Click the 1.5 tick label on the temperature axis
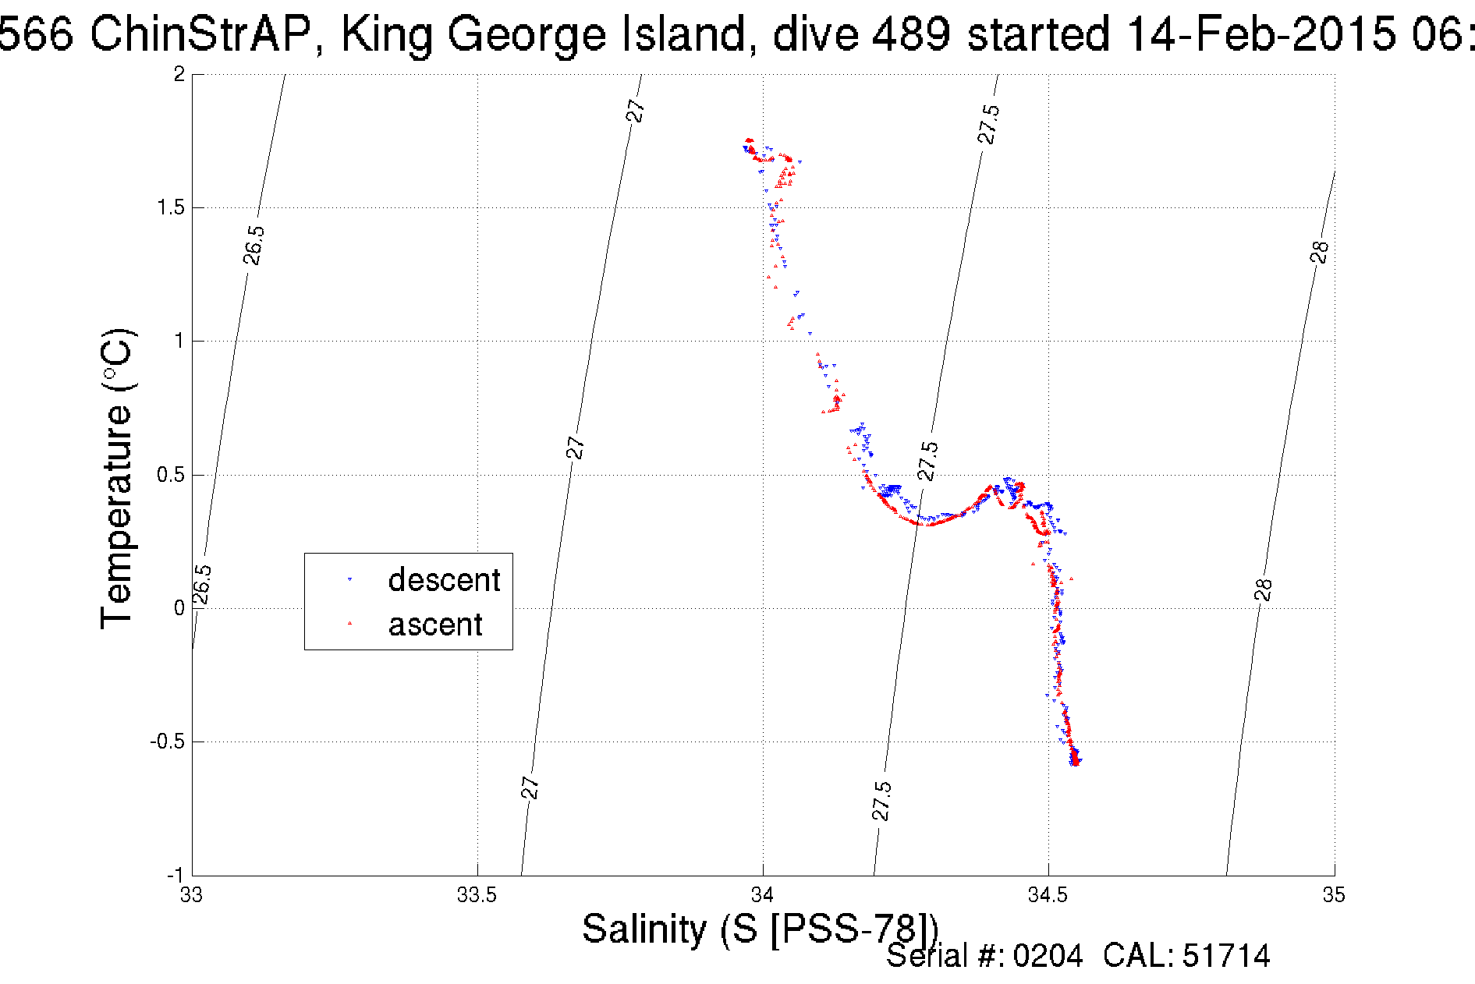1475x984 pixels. [x=170, y=207]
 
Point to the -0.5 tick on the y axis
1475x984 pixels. [x=167, y=742]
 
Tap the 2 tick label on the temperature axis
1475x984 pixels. [x=179, y=74]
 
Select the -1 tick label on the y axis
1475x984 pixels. [x=175, y=875]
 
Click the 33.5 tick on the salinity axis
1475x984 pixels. [x=477, y=895]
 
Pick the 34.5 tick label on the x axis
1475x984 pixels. [x=1048, y=895]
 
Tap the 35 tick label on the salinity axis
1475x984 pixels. [x=1334, y=895]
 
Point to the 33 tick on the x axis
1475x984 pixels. [x=192, y=895]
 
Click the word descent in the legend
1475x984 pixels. [x=444, y=580]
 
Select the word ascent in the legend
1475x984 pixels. [x=435, y=625]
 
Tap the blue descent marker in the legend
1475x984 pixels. [x=349, y=580]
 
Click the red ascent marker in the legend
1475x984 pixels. [x=349, y=624]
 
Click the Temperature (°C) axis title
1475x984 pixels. [x=118, y=478]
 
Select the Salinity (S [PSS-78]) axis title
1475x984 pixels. [x=760, y=929]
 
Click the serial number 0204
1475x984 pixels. [x=1048, y=956]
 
